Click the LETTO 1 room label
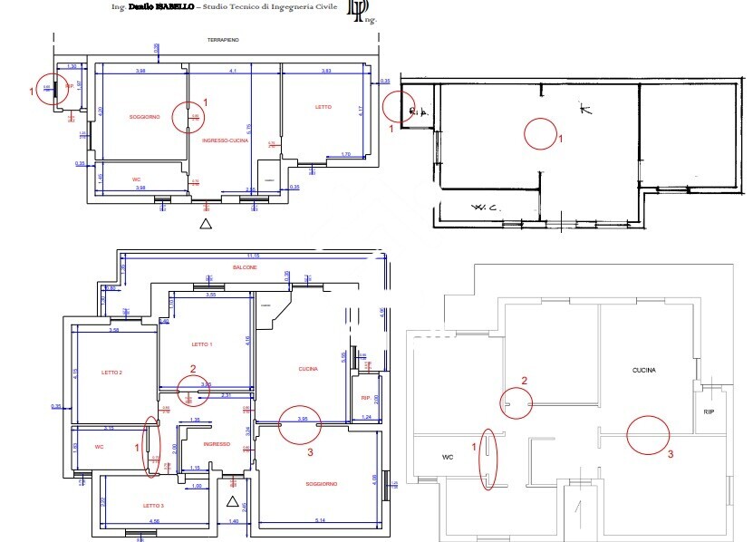coord(202,344)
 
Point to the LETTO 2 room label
coord(111,373)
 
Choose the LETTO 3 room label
coord(153,505)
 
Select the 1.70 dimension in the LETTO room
coord(346,154)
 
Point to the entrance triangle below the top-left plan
coord(206,223)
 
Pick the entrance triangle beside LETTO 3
coord(232,500)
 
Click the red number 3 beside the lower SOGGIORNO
coord(311,451)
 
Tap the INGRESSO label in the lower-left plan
coord(217,444)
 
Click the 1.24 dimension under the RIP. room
coord(366,416)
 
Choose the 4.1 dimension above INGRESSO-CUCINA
coord(232,71)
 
